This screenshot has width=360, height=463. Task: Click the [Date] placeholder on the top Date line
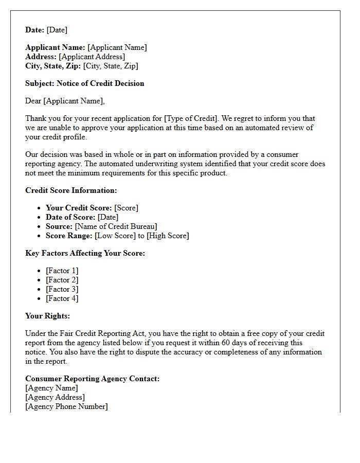point(57,30)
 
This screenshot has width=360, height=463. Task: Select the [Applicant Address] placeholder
point(92,57)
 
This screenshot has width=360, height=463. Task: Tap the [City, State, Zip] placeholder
point(111,66)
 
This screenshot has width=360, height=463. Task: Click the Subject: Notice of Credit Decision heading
point(85,83)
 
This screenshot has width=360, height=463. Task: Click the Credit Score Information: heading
point(71,190)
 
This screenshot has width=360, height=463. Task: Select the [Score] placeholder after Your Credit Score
point(126,208)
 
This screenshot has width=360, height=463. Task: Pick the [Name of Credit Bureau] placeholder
point(116,226)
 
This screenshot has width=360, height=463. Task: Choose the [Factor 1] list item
point(62,271)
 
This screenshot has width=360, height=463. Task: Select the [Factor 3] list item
point(62,289)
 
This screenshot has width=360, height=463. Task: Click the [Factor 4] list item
point(62,298)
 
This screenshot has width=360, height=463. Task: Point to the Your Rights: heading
point(47,316)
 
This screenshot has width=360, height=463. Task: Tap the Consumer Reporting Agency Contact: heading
point(93,379)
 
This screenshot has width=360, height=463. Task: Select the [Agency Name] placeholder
point(51,388)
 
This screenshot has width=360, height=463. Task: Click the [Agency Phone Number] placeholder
point(66,406)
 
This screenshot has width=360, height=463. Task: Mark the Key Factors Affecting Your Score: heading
point(85,253)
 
